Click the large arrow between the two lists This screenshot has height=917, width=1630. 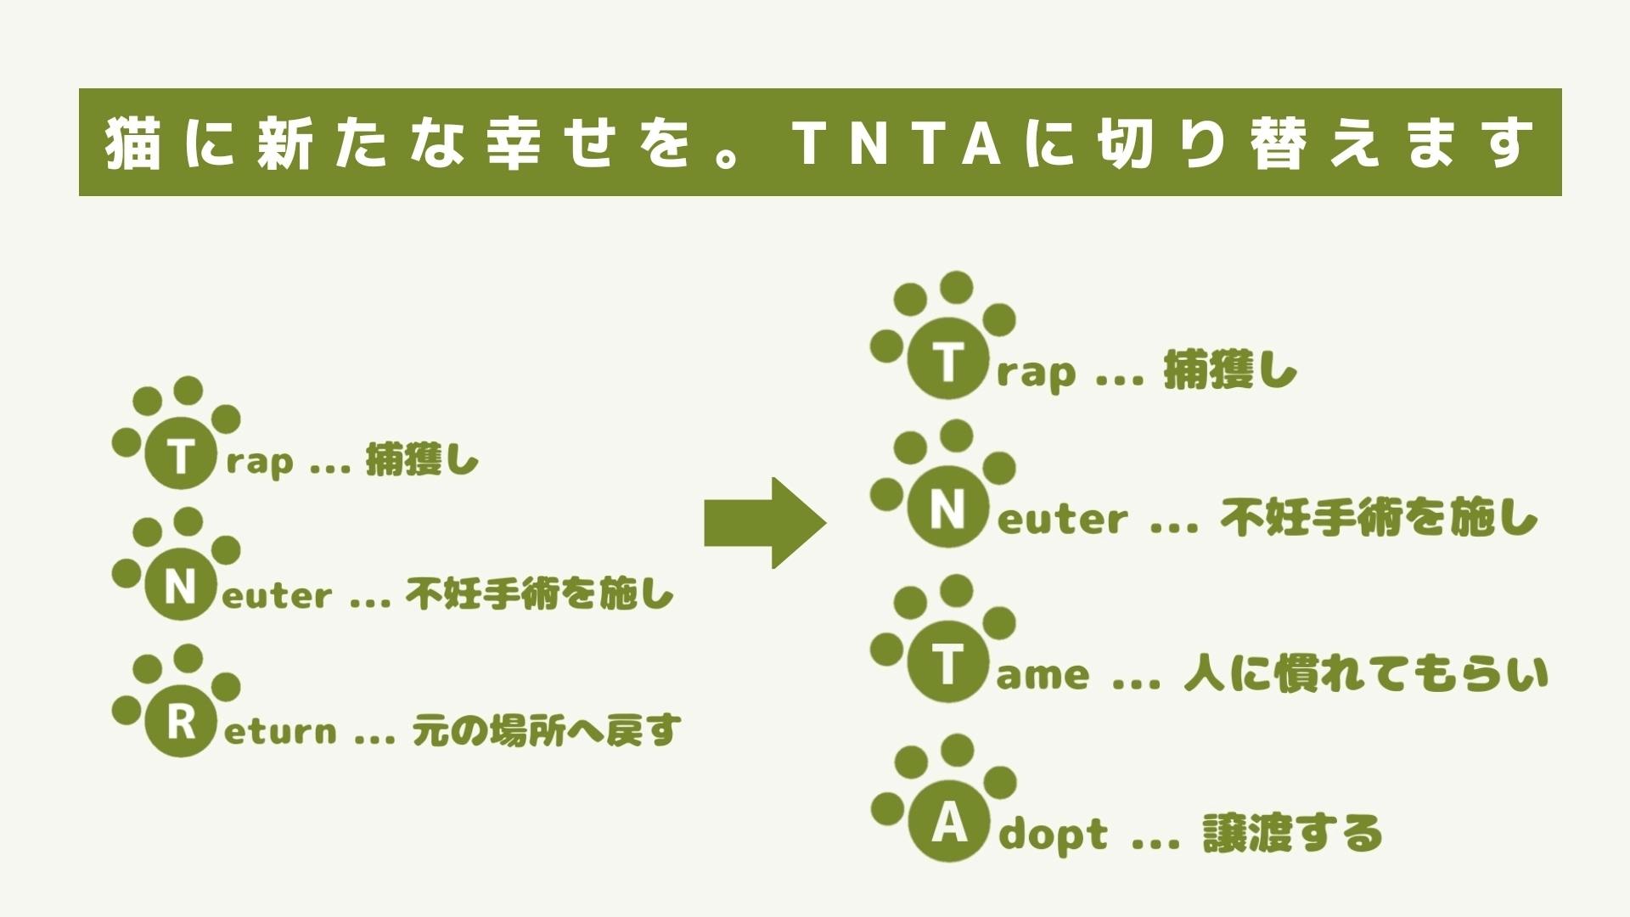(x=765, y=523)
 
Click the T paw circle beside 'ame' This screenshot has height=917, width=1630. (x=947, y=666)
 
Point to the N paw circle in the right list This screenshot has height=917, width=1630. (x=947, y=510)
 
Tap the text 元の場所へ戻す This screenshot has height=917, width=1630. (x=546, y=730)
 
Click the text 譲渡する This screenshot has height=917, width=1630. (x=1292, y=833)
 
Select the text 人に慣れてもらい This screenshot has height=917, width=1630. (x=1365, y=675)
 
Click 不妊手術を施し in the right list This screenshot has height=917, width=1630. (x=1378, y=517)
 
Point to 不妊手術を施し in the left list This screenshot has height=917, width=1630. (x=539, y=594)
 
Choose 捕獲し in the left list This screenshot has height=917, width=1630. (x=422, y=461)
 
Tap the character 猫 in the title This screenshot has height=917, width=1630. (x=134, y=143)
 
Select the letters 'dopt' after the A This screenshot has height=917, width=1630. (x=1053, y=835)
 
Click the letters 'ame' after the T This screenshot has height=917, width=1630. (x=1042, y=677)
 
